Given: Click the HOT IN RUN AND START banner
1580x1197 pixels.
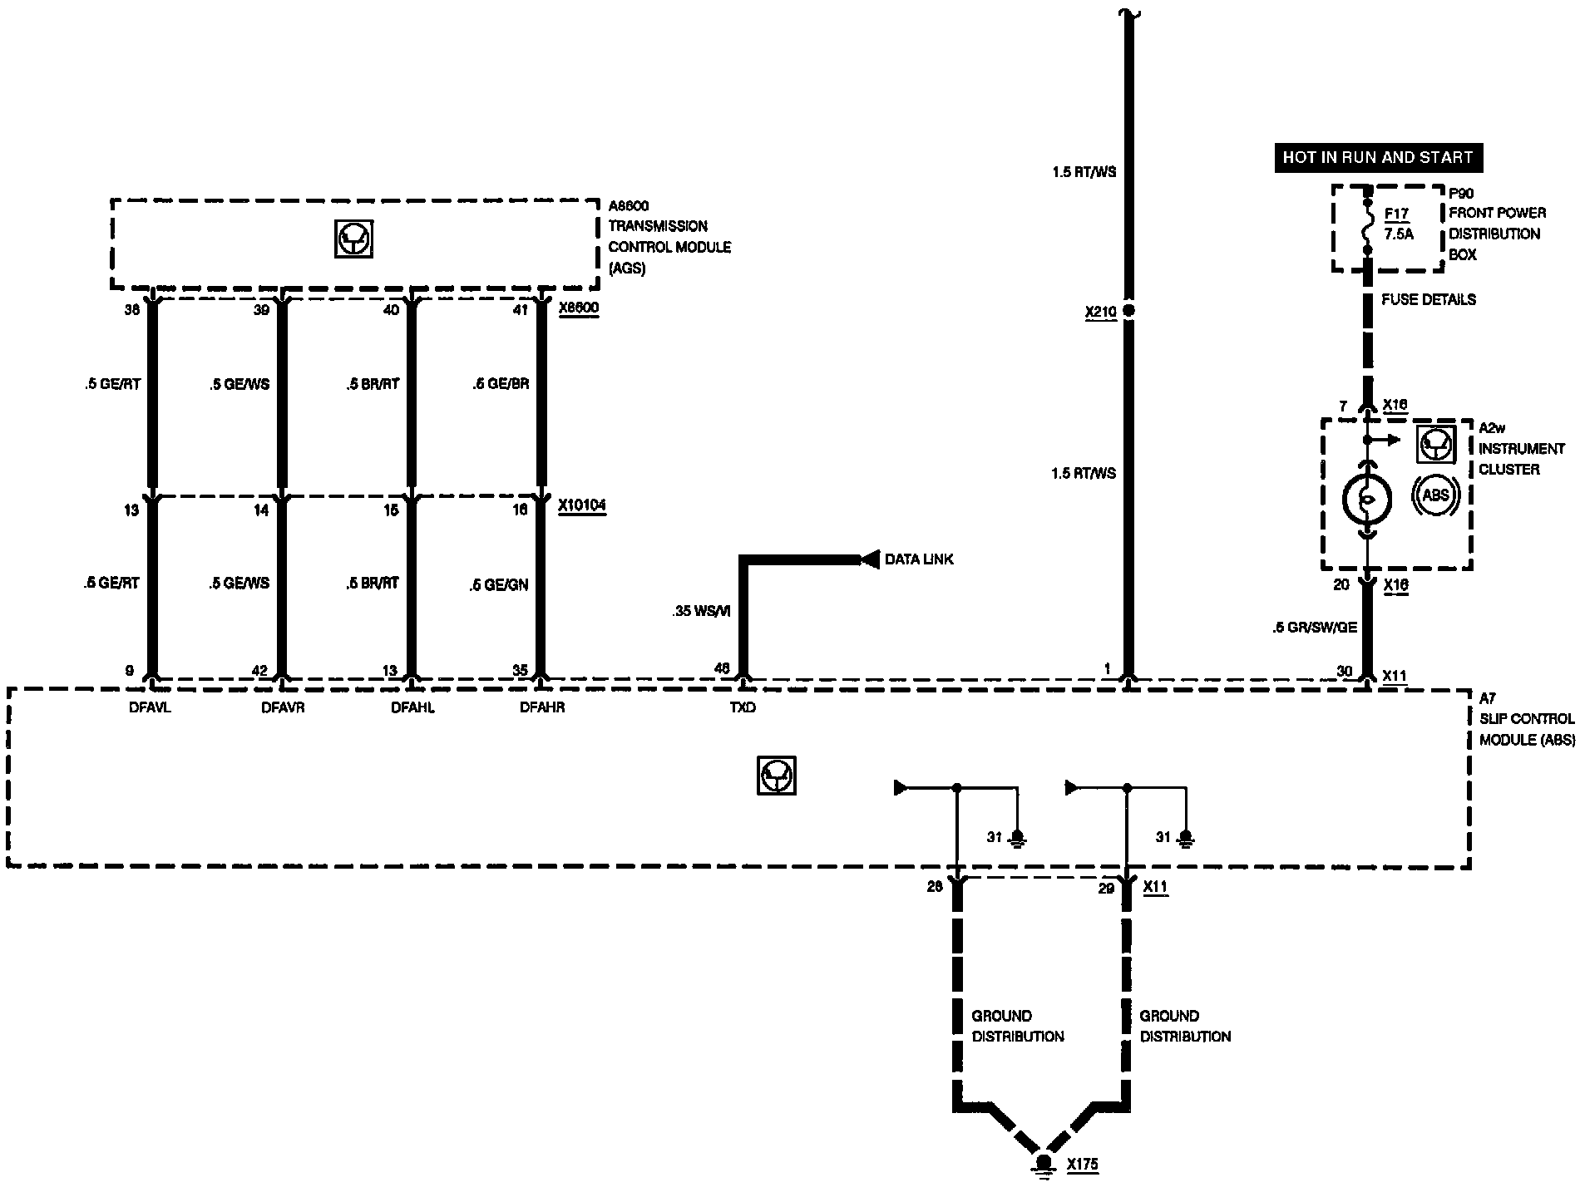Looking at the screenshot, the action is [x=1377, y=157].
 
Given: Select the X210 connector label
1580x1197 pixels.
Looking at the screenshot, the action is [x=1100, y=313].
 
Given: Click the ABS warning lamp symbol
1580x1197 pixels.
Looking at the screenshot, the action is [x=1436, y=495].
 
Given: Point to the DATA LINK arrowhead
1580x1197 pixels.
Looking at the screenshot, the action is [x=869, y=559].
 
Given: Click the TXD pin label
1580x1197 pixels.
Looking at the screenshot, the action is [x=743, y=707].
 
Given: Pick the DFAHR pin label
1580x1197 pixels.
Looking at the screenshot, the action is [x=542, y=707].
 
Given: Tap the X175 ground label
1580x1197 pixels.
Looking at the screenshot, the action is [x=1083, y=1164].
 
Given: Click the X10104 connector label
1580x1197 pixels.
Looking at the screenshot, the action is [x=582, y=505].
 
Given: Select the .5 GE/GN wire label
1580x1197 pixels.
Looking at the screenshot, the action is [x=498, y=585].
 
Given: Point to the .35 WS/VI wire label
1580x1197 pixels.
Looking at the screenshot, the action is [x=701, y=611].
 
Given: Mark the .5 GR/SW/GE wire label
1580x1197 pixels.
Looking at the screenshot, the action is [x=1314, y=628].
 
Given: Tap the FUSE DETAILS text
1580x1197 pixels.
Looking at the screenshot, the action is [x=1429, y=299].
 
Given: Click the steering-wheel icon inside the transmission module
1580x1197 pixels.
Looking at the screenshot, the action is [x=354, y=239].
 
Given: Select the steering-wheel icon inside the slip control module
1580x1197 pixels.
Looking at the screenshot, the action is [x=776, y=775].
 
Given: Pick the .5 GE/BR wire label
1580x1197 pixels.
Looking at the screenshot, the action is [x=500, y=384].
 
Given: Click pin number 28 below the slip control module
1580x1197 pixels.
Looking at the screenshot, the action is [x=934, y=887].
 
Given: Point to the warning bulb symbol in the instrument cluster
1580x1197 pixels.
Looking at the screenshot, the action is [x=1366, y=499].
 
